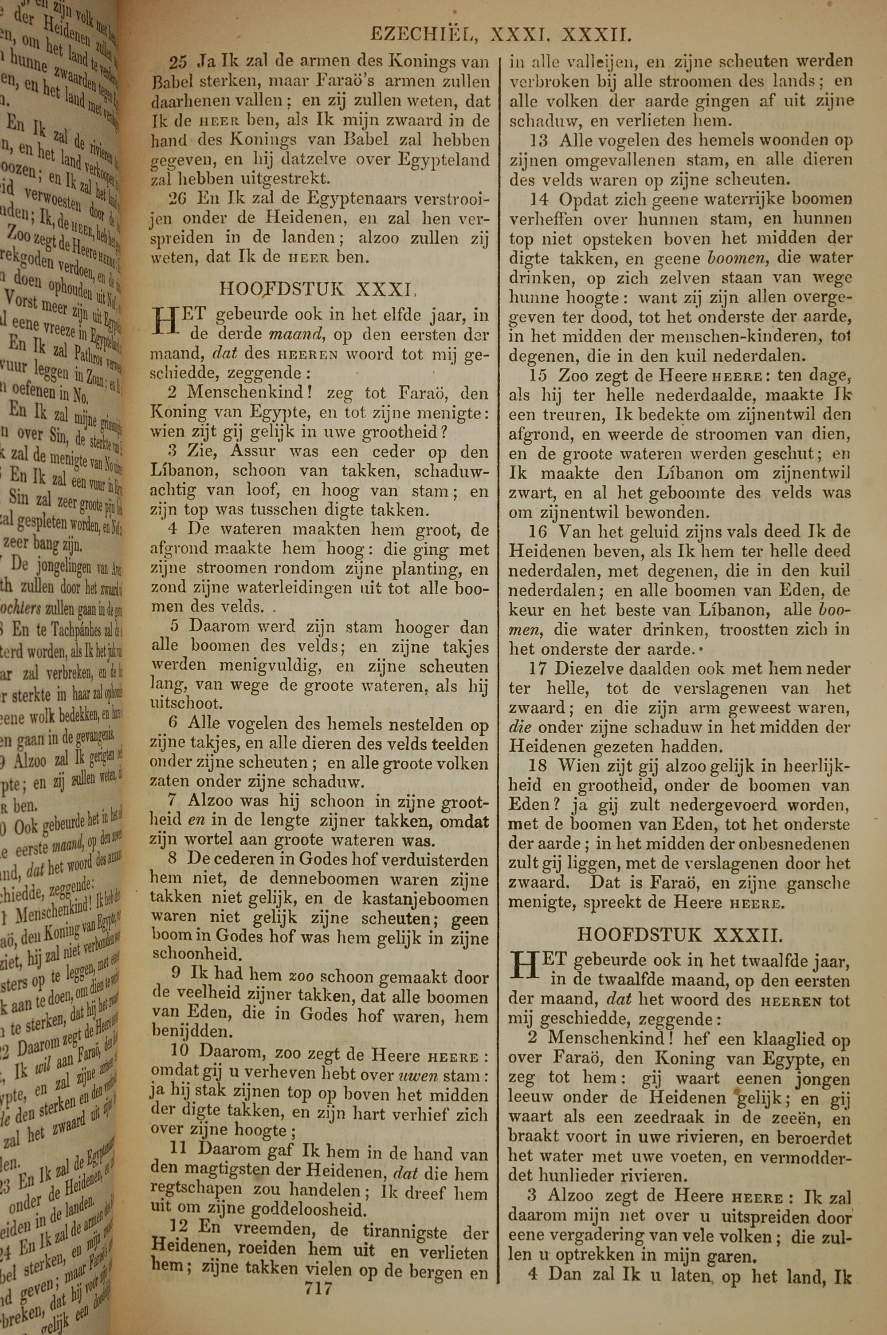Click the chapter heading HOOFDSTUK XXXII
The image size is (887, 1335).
680,934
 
